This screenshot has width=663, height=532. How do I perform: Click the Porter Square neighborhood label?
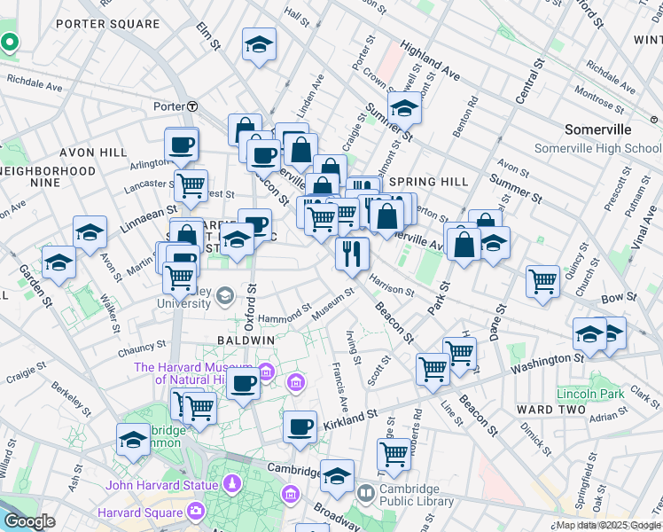pos(108,24)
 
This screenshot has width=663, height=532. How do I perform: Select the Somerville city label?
pos(598,129)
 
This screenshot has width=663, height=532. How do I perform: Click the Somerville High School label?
pos(598,148)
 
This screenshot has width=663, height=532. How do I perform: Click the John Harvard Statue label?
pos(161,485)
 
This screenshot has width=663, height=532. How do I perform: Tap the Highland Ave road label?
pos(430,59)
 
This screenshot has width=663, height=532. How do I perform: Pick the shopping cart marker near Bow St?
pos(543,281)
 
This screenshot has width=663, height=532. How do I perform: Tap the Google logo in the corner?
pos(29,522)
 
